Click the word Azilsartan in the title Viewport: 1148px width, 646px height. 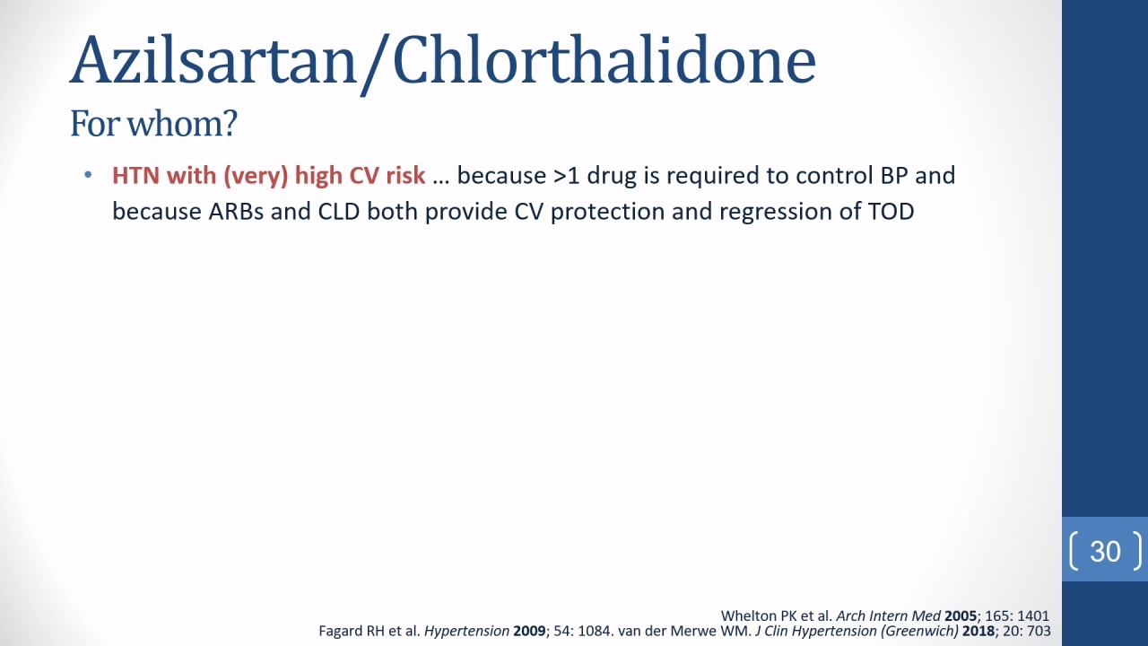213,60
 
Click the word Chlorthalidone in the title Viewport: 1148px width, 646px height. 604,59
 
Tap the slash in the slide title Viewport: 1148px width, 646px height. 375,64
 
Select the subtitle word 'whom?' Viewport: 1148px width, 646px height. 182,124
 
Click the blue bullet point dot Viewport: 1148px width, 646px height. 88,175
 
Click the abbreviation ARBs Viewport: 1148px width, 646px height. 236,211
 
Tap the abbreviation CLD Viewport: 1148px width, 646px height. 339,211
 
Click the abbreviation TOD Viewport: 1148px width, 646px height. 891,211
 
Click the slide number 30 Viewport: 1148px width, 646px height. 1106,551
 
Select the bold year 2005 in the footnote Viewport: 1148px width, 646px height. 961,615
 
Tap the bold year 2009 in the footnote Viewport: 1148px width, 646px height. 529,631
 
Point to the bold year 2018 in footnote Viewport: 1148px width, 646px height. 978,631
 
